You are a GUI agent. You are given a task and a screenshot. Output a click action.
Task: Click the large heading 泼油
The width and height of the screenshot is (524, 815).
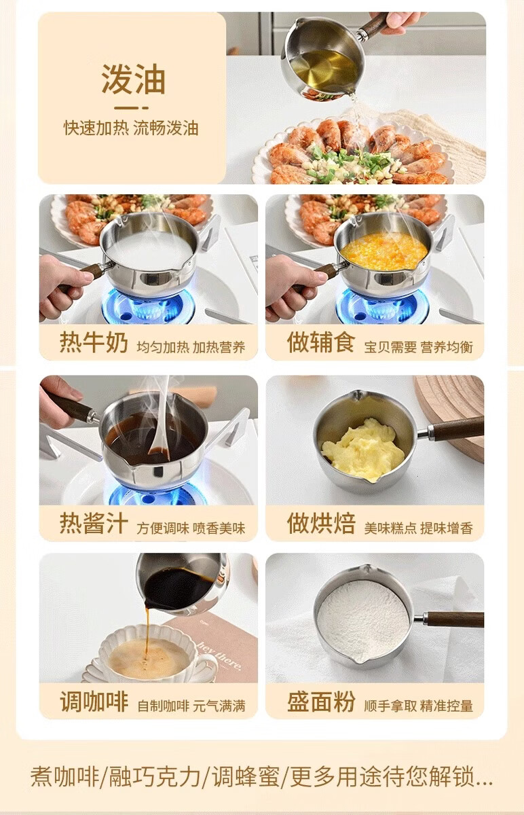133,79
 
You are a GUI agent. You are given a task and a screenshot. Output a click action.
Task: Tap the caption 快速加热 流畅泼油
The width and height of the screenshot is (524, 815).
131,128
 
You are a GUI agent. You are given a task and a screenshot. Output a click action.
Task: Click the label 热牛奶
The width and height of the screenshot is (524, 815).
94,342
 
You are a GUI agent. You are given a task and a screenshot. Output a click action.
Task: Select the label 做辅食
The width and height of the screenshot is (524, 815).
321,342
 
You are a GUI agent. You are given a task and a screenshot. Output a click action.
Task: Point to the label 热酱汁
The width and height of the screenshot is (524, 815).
94,523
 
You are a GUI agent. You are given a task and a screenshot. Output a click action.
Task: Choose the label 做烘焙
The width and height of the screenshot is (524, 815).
321,523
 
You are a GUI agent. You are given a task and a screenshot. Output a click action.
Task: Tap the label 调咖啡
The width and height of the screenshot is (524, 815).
94,701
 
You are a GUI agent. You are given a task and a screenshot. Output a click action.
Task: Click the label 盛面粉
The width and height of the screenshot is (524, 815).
321,701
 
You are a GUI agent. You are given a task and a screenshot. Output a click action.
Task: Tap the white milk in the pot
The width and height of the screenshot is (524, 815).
149,249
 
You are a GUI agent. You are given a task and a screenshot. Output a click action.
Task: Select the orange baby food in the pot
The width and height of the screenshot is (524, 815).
383,252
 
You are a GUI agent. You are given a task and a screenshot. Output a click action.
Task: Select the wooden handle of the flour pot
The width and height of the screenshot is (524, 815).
455,620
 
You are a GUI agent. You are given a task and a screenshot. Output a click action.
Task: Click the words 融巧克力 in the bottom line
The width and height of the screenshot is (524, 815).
155,776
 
